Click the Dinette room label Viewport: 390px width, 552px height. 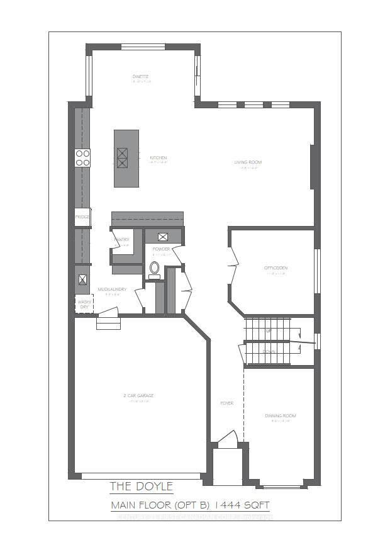tap(141, 77)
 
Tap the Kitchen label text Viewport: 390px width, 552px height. tap(158, 157)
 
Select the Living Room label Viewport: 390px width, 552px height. tap(248, 162)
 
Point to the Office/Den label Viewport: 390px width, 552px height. tap(276, 268)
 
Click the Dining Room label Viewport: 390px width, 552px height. tap(280, 416)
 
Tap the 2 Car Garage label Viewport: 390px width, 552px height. tap(138, 396)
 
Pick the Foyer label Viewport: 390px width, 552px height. tap(226, 403)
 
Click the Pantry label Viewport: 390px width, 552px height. tap(121, 240)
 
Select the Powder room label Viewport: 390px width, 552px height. tap(161, 249)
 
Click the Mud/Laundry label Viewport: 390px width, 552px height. tap(113, 290)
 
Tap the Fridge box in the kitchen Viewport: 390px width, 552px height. tap(82, 217)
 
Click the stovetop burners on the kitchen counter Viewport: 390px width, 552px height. tap(82, 157)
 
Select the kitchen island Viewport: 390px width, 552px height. tap(126, 158)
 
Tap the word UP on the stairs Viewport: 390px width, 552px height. tap(269, 330)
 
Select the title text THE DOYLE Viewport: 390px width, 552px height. tap(141, 486)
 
